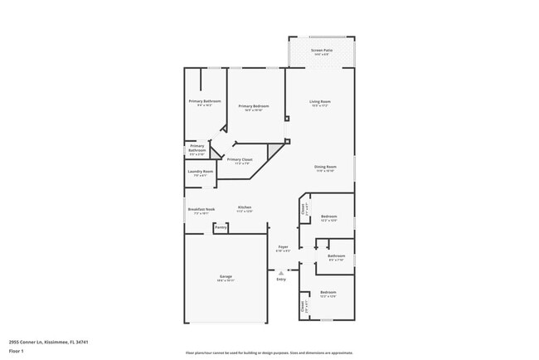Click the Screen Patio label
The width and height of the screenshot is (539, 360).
click(321, 51)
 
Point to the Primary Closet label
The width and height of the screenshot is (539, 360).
click(240, 159)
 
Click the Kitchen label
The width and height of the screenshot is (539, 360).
click(245, 207)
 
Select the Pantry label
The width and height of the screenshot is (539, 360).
click(221, 226)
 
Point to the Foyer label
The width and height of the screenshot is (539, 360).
click(283, 246)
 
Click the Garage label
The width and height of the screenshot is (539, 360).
click(226, 276)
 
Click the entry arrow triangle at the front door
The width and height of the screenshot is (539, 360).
click(280, 271)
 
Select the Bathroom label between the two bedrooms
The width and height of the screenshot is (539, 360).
click(336, 255)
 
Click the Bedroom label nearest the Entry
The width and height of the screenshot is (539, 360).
click(328, 292)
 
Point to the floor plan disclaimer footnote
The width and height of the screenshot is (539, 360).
click(269, 353)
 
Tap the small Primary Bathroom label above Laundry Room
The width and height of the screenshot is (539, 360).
click(197, 148)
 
